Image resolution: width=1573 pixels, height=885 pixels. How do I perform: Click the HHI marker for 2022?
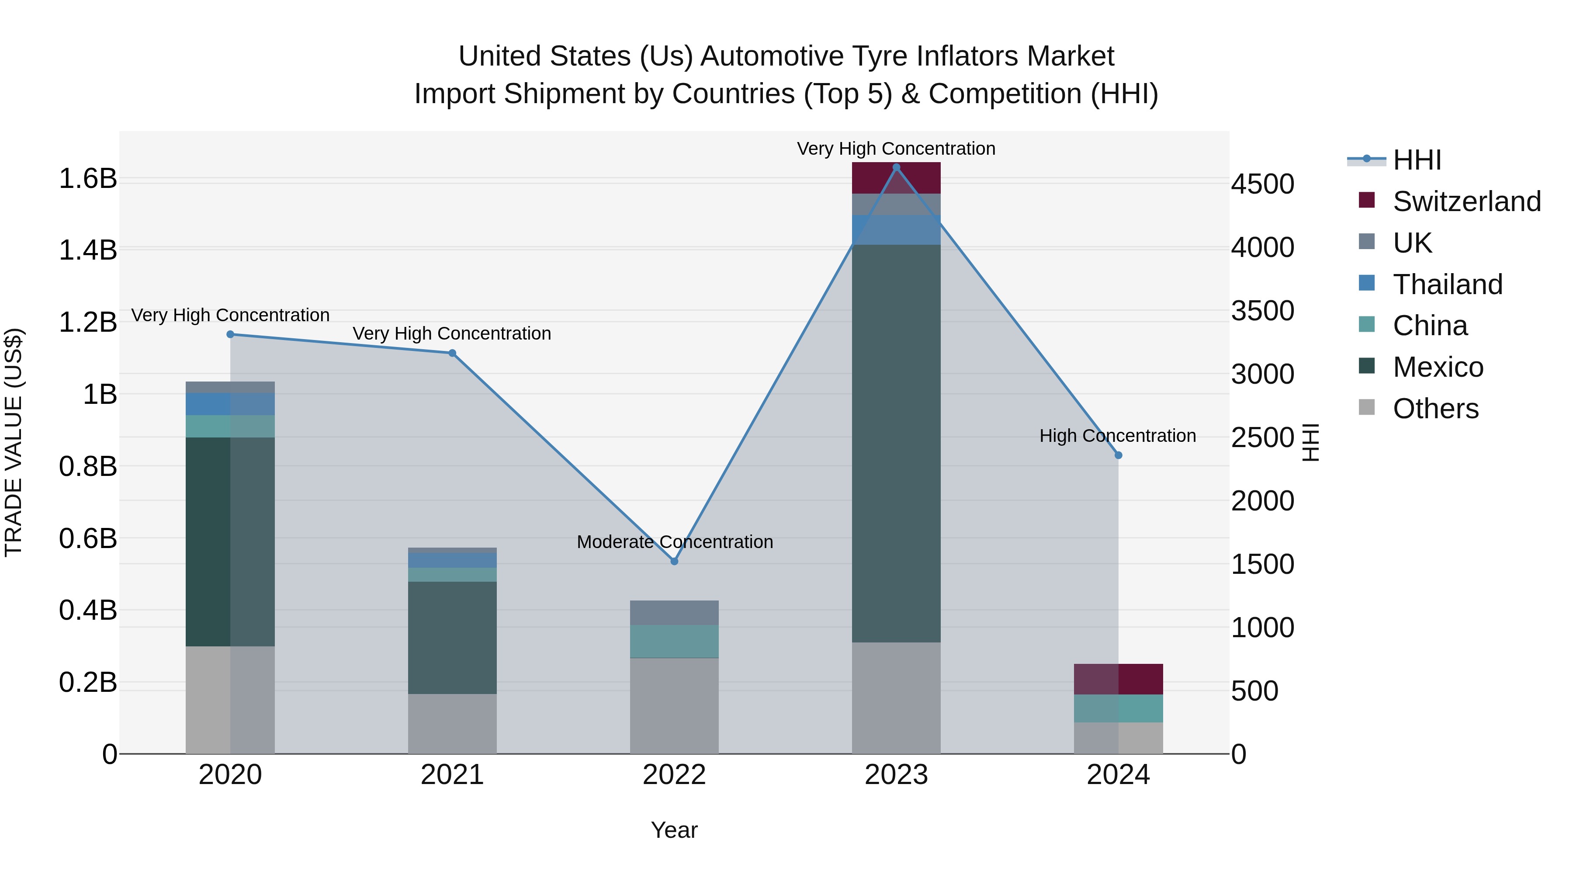point(674,561)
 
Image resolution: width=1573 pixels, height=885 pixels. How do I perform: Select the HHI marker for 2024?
point(1118,455)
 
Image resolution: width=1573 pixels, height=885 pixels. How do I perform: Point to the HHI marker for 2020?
point(230,334)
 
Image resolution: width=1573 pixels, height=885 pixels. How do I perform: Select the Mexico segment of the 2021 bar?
point(452,637)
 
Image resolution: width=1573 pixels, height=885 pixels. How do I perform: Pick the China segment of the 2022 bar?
point(674,641)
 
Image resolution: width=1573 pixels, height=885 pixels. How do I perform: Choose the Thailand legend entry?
point(1447,285)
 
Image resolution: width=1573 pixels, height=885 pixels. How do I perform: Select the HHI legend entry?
point(1417,160)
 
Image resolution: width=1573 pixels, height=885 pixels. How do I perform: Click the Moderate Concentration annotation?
point(675,542)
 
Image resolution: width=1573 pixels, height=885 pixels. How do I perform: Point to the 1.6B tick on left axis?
point(87,178)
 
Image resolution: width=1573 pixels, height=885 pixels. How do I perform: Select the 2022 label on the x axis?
point(674,775)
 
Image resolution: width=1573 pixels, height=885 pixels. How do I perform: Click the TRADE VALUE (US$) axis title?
point(14,442)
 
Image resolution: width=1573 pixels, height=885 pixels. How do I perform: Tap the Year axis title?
point(674,830)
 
